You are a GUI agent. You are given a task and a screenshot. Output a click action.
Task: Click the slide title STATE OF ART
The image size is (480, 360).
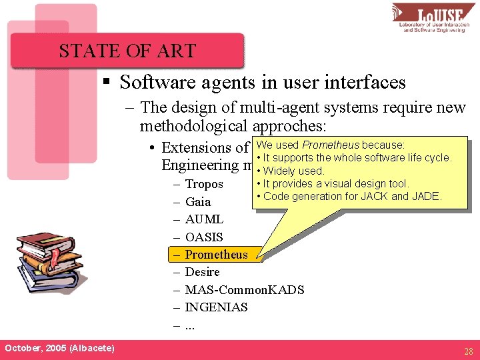click(127, 51)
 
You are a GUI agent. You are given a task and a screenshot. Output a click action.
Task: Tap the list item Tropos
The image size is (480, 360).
click(204, 184)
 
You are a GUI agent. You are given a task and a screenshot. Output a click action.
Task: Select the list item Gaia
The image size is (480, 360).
click(198, 201)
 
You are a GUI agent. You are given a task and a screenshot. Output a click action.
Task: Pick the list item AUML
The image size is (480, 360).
click(204, 219)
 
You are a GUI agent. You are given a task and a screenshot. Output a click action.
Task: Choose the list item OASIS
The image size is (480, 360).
click(204, 237)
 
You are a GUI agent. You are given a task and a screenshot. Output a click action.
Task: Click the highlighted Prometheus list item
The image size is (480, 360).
click(216, 255)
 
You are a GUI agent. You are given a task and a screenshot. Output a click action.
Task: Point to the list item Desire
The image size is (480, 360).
click(202, 272)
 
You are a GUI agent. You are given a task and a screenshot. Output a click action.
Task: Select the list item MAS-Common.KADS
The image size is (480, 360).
click(244, 289)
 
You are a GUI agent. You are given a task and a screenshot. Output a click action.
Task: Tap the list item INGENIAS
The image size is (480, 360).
click(216, 307)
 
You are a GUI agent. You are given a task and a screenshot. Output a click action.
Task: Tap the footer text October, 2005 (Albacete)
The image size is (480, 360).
click(59, 349)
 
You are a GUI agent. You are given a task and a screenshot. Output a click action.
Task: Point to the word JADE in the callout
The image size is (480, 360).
click(426, 196)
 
